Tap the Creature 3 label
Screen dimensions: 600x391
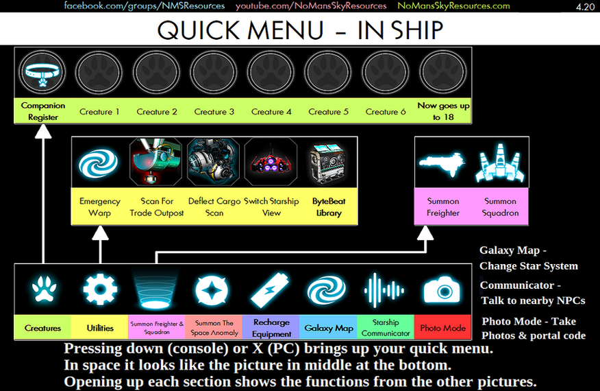click(x=214, y=112)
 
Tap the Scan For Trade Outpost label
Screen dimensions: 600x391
click(x=157, y=207)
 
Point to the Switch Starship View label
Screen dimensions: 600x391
click(x=272, y=207)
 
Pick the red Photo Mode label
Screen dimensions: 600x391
click(x=443, y=328)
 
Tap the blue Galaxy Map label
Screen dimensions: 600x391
click(x=329, y=328)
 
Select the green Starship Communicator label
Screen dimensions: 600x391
click(x=386, y=328)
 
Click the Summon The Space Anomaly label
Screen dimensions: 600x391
click(x=214, y=328)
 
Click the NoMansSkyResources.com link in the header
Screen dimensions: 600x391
click(x=453, y=6)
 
